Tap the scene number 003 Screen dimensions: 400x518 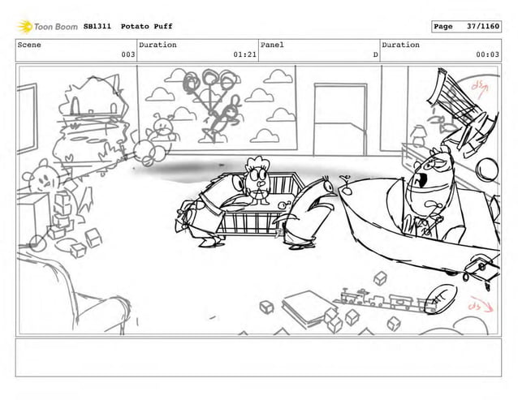(x=127, y=55)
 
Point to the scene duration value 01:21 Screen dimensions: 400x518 (x=244, y=55)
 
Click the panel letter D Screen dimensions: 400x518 (x=374, y=55)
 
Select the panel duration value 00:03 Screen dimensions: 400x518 (x=487, y=55)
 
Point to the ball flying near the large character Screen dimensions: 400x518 (x=488, y=170)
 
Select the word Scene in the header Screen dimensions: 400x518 (x=29, y=45)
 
